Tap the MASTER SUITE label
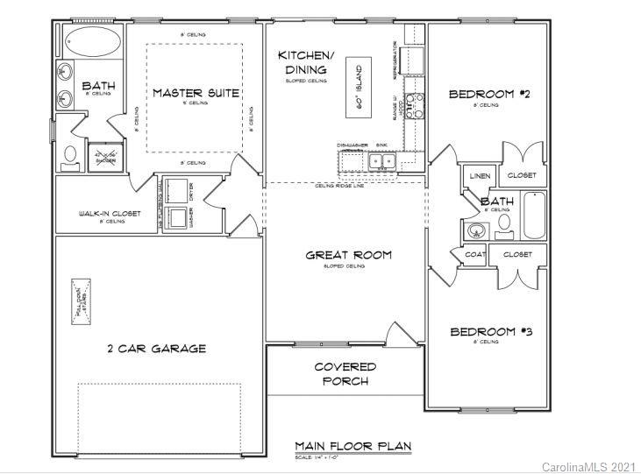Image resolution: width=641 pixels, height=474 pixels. click(x=196, y=93)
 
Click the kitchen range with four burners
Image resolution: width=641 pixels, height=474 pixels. click(x=414, y=105)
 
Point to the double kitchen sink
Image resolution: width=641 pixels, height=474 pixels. click(x=382, y=161)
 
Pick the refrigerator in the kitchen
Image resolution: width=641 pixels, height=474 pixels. click(x=415, y=60)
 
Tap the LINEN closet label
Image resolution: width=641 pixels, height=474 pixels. click(x=479, y=176)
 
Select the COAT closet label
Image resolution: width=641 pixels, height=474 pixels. click(x=474, y=254)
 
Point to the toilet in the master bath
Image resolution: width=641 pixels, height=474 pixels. click(x=71, y=156)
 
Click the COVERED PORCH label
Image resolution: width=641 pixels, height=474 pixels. click(x=345, y=373)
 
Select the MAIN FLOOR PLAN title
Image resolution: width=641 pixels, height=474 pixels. click(x=353, y=446)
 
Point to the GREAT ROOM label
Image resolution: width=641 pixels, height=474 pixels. click(x=348, y=255)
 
